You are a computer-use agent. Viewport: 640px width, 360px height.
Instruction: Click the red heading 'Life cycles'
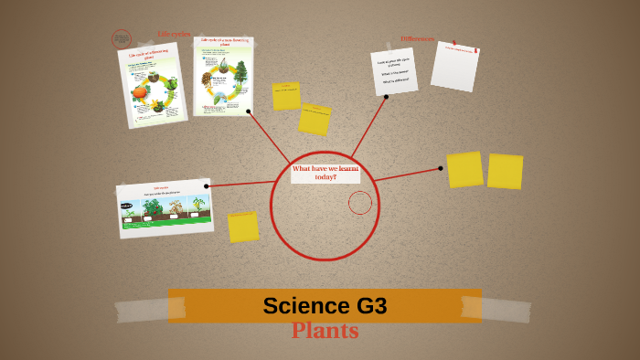174,35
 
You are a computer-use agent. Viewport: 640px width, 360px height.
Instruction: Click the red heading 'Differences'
417,39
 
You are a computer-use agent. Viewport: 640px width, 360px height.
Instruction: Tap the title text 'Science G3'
325,306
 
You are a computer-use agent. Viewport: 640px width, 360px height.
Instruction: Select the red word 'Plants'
325,331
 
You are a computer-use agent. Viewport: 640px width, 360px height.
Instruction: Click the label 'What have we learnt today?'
325,173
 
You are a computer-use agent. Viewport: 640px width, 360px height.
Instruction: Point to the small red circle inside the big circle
360,203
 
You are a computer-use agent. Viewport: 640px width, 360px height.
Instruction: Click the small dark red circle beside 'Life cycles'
122,39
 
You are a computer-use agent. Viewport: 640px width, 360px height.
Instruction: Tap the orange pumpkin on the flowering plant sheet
140,91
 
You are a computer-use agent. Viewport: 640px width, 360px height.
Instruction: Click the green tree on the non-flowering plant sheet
241,71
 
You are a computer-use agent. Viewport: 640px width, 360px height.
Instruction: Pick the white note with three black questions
394,72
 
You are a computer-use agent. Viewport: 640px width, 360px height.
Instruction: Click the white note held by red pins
454,66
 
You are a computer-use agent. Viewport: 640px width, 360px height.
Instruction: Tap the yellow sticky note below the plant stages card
243,228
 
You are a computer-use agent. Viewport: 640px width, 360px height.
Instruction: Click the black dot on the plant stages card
207,186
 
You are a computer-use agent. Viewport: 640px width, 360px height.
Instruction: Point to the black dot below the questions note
386,97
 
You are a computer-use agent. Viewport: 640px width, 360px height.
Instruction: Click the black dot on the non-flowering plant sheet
248,111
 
